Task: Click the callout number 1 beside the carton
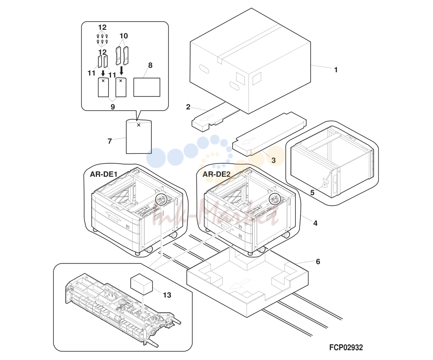coord(336,70)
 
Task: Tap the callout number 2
coord(188,107)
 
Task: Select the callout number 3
coord(273,160)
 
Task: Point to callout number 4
coord(315,223)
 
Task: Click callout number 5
coord(312,193)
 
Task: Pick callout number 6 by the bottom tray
coord(318,261)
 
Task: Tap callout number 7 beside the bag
coord(110,141)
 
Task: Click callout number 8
coord(150,65)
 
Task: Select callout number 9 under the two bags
coord(113,107)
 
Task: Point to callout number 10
coord(124,36)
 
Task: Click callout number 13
coord(167,295)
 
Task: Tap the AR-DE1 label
coord(104,174)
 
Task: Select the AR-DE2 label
coord(216,174)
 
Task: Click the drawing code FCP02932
coord(346,347)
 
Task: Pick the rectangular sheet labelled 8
coord(147,87)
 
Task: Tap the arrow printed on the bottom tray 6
coord(240,284)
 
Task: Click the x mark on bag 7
coord(139,125)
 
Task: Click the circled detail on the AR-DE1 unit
coord(162,199)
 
